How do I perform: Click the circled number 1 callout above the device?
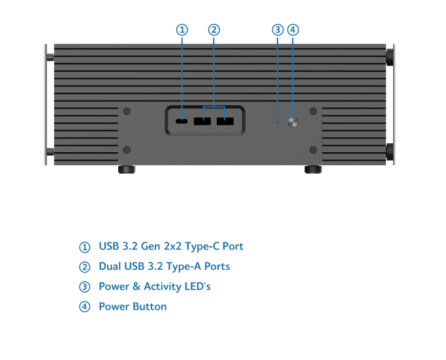[x=182, y=30]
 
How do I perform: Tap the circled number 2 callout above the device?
[x=214, y=30]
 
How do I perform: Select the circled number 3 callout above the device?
[x=278, y=30]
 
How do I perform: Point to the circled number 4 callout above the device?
[x=293, y=30]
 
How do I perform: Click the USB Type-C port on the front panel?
[x=182, y=122]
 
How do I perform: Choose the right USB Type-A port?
[x=225, y=122]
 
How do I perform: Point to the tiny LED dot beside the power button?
[x=278, y=122]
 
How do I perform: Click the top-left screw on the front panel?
[x=127, y=112]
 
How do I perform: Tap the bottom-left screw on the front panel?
[x=127, y=150]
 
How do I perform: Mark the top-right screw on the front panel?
[x=313, y=112]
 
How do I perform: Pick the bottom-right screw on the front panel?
[x=313, y=150]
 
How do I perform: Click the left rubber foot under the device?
[x=126, y=169]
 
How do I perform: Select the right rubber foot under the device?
[x=313, y=169]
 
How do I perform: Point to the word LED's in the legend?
[x=197, y=286]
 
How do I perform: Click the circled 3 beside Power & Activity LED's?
[x=84, y=287]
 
